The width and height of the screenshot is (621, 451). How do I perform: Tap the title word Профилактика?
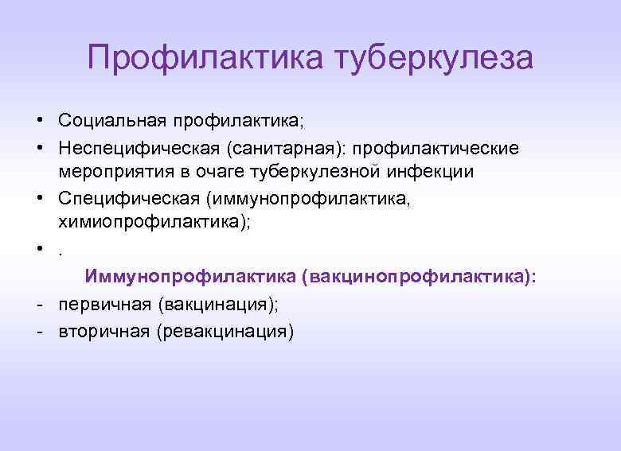click(206, 58)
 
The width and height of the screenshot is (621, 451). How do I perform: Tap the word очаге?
click(225, 172)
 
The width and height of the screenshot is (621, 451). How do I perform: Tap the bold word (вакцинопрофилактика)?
click(420, 276)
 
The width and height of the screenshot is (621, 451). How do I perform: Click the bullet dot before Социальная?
click(38, 121)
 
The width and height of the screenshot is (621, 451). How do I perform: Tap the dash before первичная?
click(38, 304)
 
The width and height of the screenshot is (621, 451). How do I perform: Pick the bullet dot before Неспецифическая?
click(38, 148)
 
